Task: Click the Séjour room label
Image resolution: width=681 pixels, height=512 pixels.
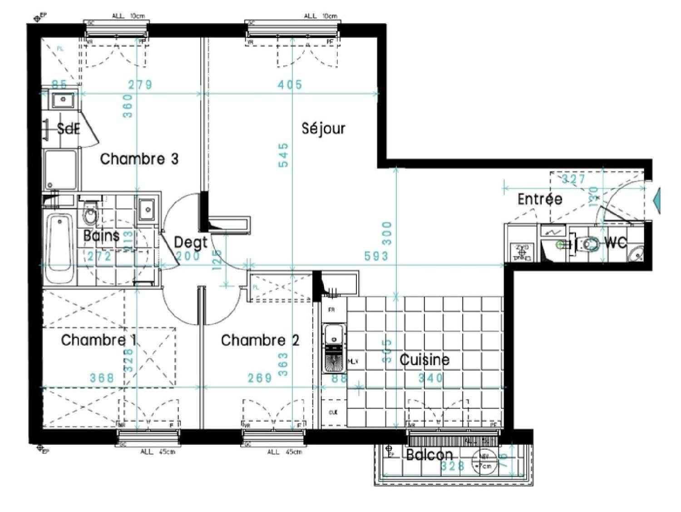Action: [323, 129]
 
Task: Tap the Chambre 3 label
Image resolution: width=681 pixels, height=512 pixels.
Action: [139, 159]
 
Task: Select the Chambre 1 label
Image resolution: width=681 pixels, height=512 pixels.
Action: [99, 340]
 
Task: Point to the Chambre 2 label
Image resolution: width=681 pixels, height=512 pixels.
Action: [260, 340]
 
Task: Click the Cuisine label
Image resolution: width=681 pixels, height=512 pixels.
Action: [424, 360]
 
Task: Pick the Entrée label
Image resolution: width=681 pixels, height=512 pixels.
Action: [540, 199]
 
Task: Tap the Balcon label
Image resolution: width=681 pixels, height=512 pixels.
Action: [429, 454]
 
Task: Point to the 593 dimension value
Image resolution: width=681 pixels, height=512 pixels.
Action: [376, 256]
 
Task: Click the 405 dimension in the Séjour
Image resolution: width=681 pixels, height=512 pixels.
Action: [290, 85]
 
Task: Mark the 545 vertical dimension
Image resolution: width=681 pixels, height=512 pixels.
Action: [283, 155]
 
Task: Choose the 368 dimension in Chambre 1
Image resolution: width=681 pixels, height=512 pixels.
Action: [102, 378]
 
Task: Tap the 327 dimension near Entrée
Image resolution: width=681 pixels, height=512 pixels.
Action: [573, 179]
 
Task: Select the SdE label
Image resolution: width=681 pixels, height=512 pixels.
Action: [68, 129]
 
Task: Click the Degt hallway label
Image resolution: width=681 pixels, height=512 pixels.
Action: [190, 242]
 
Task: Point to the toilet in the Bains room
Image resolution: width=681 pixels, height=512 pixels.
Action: [90, 214]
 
